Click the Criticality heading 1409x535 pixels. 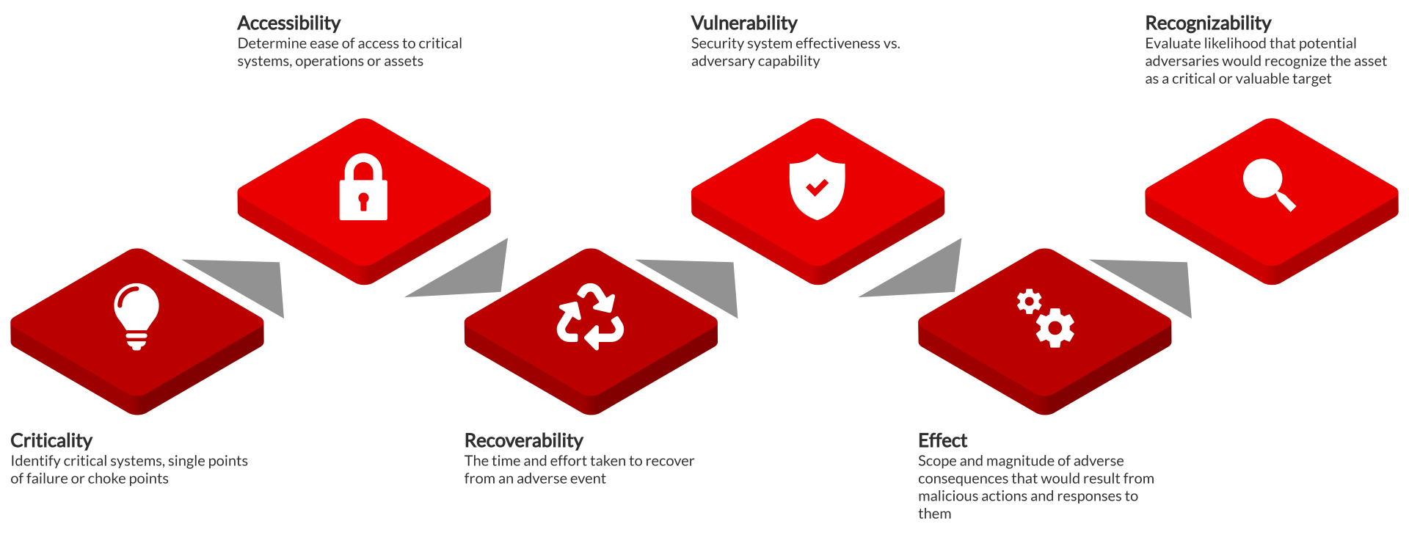click(x=51, y=440)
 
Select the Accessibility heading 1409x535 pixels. click(x=289, y=23)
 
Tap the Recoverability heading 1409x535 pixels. click(x=524, y=440)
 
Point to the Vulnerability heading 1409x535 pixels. click(x=744, y=23)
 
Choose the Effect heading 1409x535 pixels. click(x=943, y=440)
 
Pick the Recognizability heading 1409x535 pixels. click(x=1208, y=23)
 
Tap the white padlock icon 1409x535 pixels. click(x=363, y=186)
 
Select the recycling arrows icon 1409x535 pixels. click(x=590, y=316)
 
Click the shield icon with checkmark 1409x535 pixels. click(x=817, y=186)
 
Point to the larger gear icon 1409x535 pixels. click(x=1055, y=328)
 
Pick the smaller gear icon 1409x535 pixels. click(x=1029, y=301)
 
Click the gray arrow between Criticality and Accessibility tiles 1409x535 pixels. click(x=242, y=283)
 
